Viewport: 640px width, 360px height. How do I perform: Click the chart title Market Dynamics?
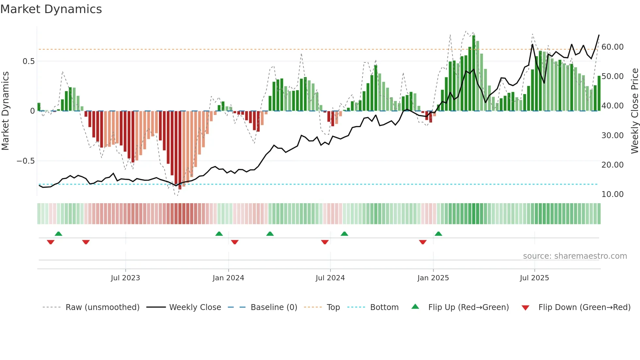click(51, 9)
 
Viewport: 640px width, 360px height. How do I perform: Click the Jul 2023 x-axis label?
click(125, 278)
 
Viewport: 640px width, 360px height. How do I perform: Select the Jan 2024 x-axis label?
click(228, 278)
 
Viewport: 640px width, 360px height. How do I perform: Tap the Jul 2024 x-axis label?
click(330, 278)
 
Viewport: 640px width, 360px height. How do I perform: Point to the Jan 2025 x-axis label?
click(433, 278)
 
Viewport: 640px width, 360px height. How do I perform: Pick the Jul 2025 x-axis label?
click(534, 278)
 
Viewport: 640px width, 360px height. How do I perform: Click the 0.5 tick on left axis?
click(28, 61)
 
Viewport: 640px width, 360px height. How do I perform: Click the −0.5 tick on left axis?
click(25, 161)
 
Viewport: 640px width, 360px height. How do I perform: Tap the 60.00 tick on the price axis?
click(612, 47)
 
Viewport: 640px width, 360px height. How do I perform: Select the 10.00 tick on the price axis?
click(612, 194)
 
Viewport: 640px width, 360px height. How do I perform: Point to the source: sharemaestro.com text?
click(575, 256)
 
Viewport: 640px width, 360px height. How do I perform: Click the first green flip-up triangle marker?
click(58, 234)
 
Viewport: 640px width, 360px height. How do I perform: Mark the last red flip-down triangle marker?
click(423, 242)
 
